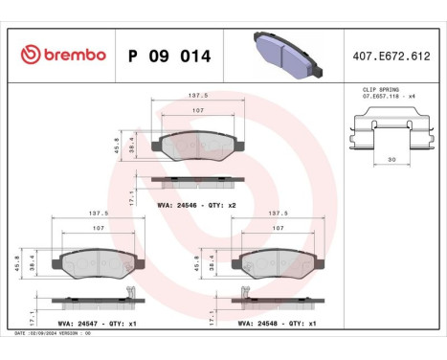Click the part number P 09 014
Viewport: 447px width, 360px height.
pyautogui.click(x=169, y=55)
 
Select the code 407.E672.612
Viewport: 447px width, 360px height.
pyautogui.click(x=391, y=55)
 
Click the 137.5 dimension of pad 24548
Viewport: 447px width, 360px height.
pyautogui.click(x=278, y=214)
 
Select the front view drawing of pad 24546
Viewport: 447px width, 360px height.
pyautogui.click(x=199, y=145)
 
